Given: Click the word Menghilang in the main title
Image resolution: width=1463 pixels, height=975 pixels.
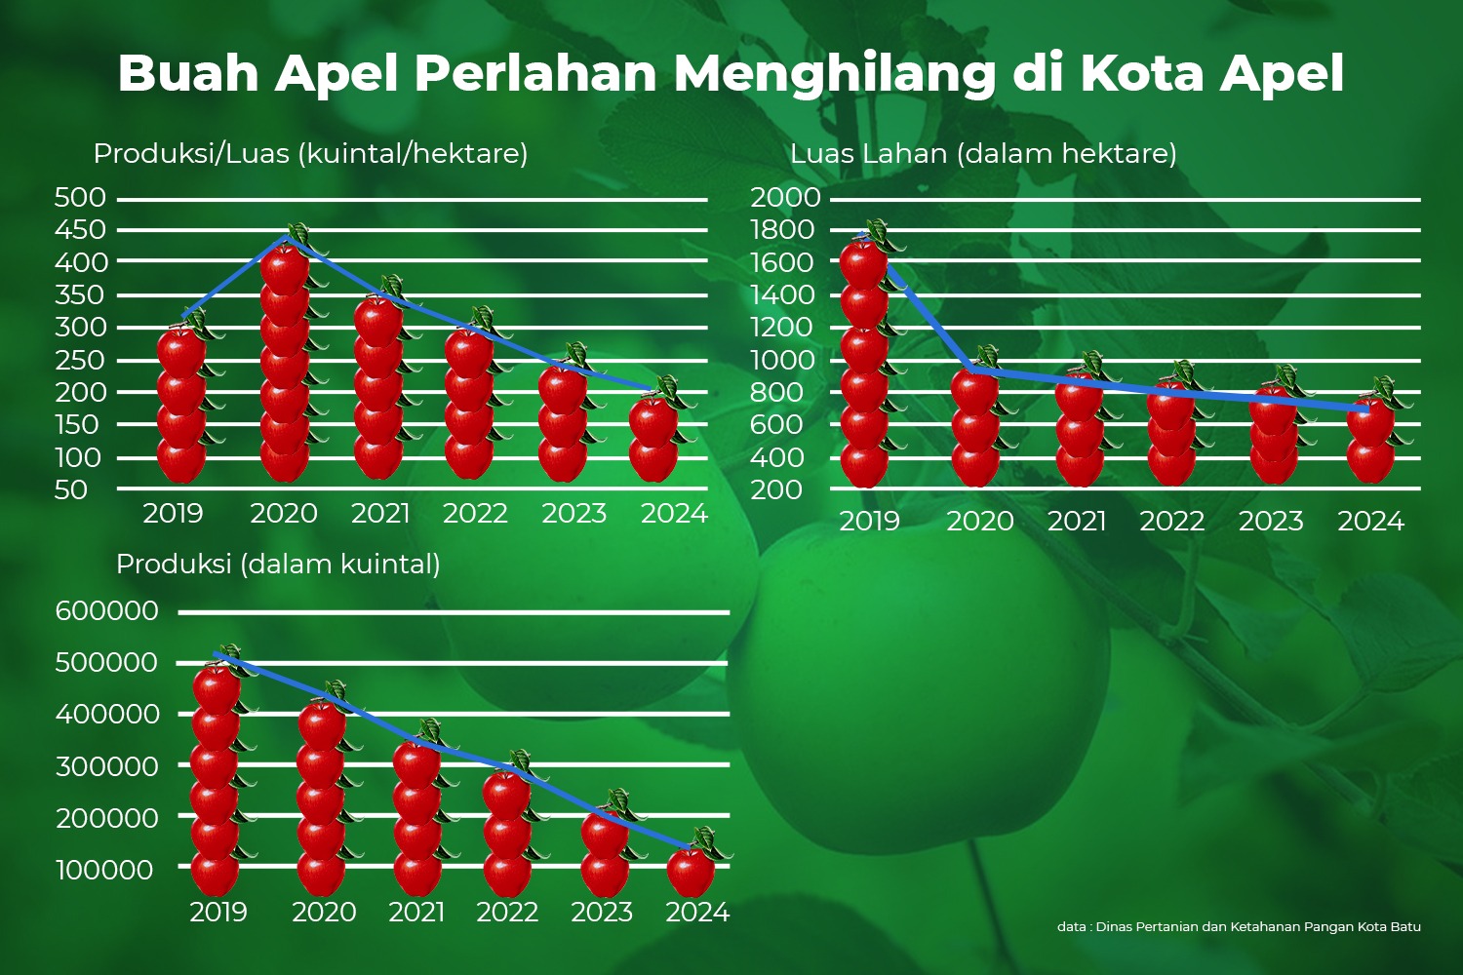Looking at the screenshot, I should [835, 74].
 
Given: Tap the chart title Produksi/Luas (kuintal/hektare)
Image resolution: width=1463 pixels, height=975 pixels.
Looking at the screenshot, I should [310, 154].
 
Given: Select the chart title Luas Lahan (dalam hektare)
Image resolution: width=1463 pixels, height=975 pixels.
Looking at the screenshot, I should [983, 154].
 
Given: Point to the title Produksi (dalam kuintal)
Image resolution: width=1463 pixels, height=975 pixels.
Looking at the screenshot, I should [278, 565].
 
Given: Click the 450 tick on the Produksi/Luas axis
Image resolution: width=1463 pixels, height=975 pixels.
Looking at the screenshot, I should [80, 230].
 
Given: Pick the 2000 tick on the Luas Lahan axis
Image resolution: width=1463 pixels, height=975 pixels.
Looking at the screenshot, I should [785, 198].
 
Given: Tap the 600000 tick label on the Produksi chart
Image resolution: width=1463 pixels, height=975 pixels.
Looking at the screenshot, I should [106, 611].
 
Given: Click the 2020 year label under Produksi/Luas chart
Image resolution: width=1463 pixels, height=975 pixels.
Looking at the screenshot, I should [283, 514].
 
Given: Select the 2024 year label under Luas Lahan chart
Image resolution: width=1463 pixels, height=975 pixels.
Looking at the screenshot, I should [1370, 522].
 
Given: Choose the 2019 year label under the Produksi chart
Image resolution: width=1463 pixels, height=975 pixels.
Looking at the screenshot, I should [217, 913].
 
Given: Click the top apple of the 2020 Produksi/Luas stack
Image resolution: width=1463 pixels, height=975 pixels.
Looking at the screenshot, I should [286, 267].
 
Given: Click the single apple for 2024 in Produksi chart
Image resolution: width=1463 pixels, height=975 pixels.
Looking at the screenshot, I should [692, 871].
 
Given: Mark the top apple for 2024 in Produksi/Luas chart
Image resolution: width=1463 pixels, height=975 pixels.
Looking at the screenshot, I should [653, 419].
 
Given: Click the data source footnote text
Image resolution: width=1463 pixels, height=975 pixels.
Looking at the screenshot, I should [1239, 927].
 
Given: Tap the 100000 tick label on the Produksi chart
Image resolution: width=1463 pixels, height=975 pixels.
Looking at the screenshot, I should [104, 871].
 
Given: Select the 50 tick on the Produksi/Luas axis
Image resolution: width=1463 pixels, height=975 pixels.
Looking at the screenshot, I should [71, 490].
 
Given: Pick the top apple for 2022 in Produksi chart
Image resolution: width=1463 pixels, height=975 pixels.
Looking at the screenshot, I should [507, 794].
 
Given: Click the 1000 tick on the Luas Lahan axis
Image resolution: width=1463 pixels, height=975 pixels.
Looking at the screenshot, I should [782, 361].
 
